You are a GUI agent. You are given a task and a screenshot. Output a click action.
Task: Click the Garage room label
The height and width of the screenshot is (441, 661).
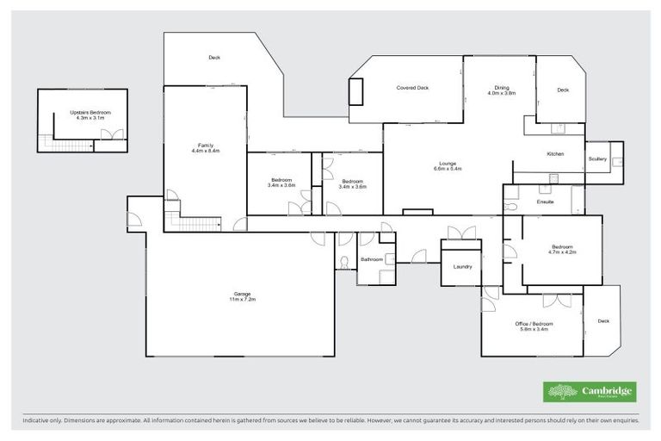click(242, 295)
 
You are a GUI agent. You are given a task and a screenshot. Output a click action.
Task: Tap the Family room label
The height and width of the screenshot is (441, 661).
click(206, 147)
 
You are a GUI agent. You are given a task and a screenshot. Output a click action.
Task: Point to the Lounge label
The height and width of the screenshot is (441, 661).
click(448, 165)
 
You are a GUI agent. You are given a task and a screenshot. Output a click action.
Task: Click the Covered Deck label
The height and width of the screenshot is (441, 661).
click(412, 88)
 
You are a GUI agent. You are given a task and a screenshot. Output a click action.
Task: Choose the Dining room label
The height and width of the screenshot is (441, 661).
click(502, 90)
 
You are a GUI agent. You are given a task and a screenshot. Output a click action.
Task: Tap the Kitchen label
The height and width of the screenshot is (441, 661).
click(555, 153)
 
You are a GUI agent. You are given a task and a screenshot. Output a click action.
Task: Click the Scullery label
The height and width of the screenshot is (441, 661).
click(597, 159)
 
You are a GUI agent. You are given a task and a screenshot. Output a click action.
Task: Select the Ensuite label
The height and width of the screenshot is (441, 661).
click(545, 202)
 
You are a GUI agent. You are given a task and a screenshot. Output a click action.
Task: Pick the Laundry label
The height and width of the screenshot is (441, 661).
click(462, 267)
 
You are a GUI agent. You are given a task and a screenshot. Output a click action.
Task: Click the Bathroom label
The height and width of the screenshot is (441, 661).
click(372, 258)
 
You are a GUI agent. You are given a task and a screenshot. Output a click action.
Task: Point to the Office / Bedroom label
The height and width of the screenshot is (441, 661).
click(534, 326)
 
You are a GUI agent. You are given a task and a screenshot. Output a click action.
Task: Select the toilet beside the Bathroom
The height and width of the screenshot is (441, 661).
click(343, 260)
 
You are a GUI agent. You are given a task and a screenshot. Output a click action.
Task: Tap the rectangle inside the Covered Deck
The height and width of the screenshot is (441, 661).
click(355, 90)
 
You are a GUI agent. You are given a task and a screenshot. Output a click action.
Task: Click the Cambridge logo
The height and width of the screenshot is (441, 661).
click(590, 392)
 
